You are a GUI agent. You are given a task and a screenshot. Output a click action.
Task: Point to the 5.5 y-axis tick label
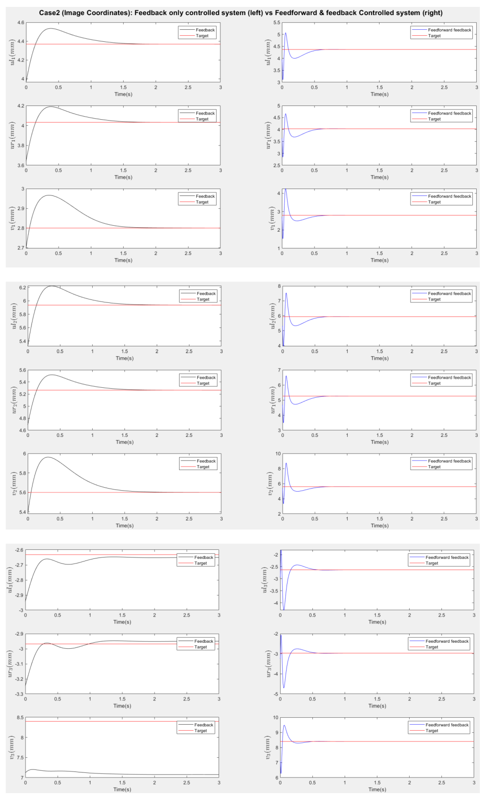coord(277,23)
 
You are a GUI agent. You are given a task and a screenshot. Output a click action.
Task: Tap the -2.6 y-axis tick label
coord(19,550)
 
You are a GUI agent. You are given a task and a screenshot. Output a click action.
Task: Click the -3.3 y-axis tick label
coord(19,694)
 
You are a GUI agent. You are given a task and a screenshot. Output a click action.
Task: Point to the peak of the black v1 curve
coord(49,195)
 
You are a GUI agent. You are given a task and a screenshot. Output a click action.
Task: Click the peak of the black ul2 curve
coord(52,286)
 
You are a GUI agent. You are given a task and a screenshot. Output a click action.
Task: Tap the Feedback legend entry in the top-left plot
coord(205,30)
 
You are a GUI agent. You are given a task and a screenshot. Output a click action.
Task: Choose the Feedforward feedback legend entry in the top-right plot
coord(449,30)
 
